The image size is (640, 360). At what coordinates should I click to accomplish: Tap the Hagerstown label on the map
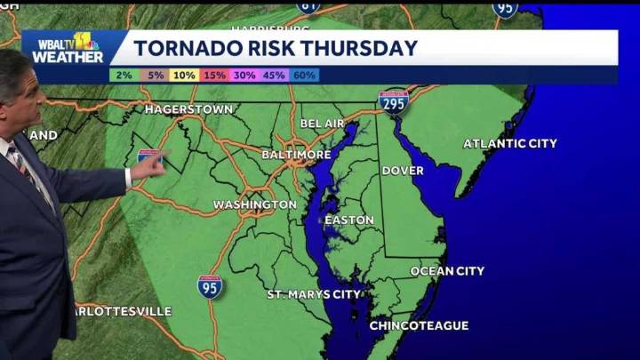click(189, 109)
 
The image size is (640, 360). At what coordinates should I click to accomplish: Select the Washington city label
click(255, 204)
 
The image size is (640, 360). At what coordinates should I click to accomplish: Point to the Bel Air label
click(322, 123)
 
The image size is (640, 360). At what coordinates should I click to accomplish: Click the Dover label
click(403, 171)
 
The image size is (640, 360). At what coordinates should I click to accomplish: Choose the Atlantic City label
click(510, 143)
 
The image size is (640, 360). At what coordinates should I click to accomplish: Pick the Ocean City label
click(447, 271)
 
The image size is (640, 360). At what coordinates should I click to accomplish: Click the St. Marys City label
click(315, 294)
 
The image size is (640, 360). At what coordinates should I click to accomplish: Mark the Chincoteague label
click(419, 326)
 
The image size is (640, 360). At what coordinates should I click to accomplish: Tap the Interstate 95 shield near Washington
click(210, 286)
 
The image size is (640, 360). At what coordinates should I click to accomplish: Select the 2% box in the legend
click(124, 76)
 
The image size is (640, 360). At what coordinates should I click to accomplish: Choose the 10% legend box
click(184, 76)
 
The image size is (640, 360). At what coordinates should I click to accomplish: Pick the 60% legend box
click(305, 76)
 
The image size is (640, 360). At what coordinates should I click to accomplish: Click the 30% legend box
click(244, 76)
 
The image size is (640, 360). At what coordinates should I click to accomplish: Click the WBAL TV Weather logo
click(68, 49)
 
